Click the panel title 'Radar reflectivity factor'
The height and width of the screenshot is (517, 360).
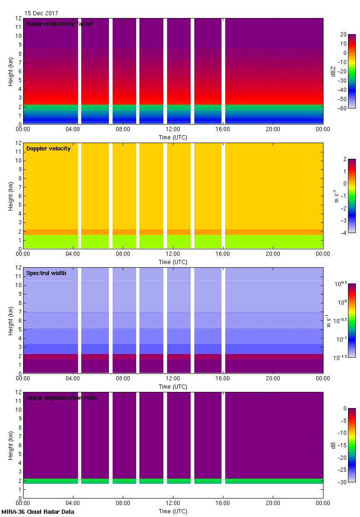coord(60,24)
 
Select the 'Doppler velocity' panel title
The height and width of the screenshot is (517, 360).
coord(48,149)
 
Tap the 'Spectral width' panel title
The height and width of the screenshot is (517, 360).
coord(46,273)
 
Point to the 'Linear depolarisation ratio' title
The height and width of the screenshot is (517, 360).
coord(61,398)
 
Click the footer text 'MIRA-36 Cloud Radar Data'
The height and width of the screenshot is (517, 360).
coord(38,512)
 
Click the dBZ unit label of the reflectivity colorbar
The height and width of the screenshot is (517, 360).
coord(333,71)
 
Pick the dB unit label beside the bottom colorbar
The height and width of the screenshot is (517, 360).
coord(333,445)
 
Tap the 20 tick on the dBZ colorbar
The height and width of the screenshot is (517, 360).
coord(343,35)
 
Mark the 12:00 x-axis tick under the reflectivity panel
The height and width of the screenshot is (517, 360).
coord(173,129)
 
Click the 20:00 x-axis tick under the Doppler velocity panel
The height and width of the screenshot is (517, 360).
coord(273,253)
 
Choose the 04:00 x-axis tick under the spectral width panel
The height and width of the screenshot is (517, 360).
coord(73,378)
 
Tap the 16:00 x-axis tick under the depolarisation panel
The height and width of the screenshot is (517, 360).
coord(223,503)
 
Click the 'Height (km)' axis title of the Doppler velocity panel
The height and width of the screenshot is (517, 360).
coord(11,196)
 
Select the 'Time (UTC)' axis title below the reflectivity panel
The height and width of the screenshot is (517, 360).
coord(173,137)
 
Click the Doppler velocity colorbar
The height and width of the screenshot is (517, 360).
coord(352,196)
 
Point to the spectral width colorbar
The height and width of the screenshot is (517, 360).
coord(352,320)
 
